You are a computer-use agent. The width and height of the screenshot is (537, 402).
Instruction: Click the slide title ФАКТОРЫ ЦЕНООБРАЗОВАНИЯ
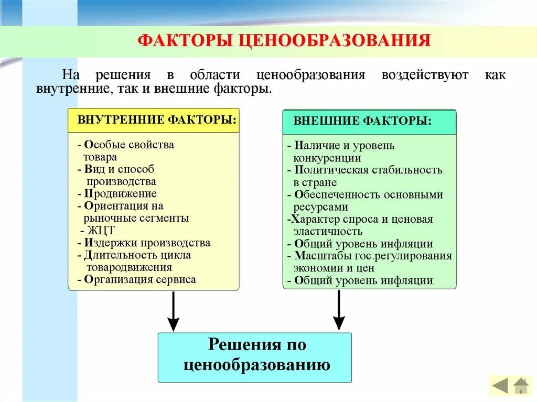point(284,41)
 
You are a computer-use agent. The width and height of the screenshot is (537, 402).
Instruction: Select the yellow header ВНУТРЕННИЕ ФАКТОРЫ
point(157,120)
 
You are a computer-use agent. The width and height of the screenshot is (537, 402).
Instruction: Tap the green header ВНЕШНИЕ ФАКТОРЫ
point(362,121)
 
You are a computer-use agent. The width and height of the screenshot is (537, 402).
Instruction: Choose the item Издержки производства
point(147,243)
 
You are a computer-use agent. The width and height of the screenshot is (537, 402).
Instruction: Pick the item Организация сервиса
point(139,279)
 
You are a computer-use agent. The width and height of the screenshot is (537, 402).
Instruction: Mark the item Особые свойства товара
point(128,150)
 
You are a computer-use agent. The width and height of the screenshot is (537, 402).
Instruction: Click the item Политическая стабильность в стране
point(367,176)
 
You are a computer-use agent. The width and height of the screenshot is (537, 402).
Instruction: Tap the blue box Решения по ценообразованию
point(255,355)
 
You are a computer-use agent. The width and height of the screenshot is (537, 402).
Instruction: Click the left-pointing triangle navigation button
point(500,386)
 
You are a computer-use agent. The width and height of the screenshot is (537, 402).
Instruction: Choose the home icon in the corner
point(521,386)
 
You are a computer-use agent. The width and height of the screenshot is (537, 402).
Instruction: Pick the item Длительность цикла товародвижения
point(136,261)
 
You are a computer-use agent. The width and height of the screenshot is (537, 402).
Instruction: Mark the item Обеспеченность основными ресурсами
point(367,201)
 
